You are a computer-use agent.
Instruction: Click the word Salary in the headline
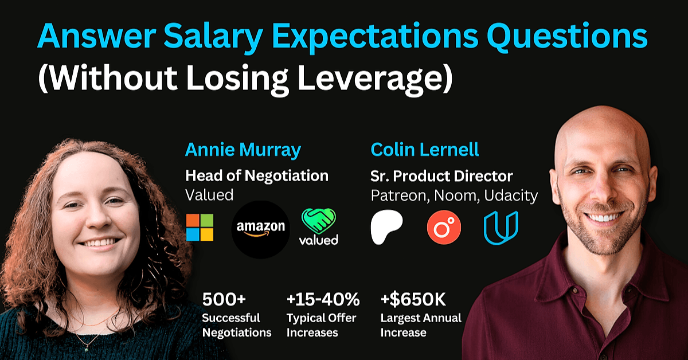point(213,36)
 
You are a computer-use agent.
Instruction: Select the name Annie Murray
point(243,150)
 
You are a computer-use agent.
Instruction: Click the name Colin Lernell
point(425,150)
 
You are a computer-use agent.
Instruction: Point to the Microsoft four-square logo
point(200,228)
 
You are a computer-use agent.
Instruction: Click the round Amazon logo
point(260,229)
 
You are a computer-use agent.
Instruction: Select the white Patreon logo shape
point(386,227)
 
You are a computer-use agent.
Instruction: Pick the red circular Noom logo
point(444,228)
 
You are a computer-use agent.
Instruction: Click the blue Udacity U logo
point(501,228)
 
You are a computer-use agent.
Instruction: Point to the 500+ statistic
point(224,299)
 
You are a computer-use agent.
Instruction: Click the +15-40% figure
point(323,299)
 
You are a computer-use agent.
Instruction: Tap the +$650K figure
point(413,299)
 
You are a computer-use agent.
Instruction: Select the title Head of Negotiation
point(257,175)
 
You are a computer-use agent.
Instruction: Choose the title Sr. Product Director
point(441,176)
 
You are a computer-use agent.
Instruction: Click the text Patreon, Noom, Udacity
point(454,195)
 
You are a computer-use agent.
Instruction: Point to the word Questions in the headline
point(567,36)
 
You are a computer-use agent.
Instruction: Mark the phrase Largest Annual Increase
point(421,325)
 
